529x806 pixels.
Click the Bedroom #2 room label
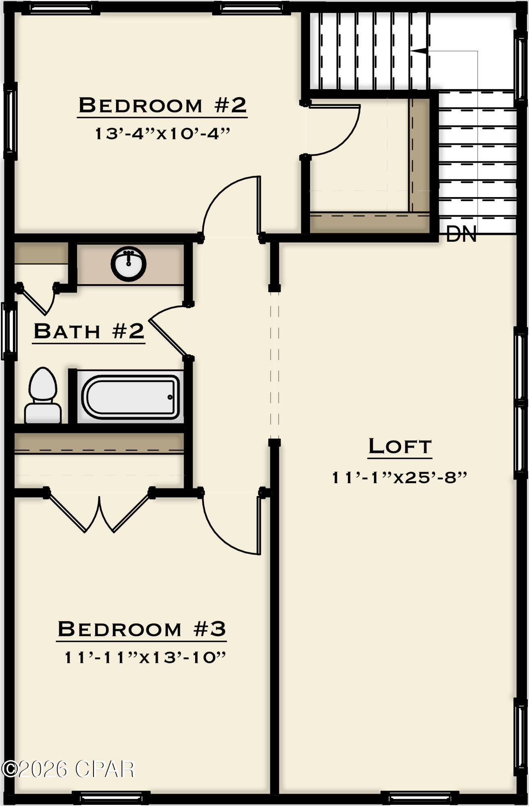[x=162, y=105]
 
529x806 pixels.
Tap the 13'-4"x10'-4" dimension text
[x=162, y=134]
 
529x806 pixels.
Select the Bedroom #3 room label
[x=142, y=629]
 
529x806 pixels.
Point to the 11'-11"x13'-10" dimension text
[x=145, y=658]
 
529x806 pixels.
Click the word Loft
[x=400, y=446]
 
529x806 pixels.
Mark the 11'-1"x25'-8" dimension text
[x=399, y=478]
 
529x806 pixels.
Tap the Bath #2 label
[x=89, y=331]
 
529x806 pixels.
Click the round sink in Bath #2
[x=129, y=264]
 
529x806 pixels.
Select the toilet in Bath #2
[x=43, y=396]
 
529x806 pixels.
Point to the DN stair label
[x=461, y=234]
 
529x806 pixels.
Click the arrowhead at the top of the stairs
[x=419, y=51]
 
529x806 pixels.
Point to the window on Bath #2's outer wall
[x=9, y=331]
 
